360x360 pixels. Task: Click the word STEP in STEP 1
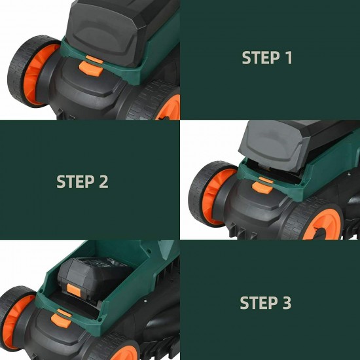pos(261,58)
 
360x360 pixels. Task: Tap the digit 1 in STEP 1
pos(289,58)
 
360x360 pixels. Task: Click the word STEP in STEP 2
pos(75,181)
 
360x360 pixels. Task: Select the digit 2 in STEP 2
pos(103,181)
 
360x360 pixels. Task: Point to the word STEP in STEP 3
pos(259,302)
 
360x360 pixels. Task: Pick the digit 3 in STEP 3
pos(287,302)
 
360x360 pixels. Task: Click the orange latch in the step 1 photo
pos(91,66)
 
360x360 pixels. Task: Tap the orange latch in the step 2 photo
pos(262,185)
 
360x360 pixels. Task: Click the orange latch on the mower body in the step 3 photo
pos(62,319)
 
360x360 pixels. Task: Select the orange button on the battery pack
pos(73,290)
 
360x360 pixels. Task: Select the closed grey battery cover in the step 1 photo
pos(108,30)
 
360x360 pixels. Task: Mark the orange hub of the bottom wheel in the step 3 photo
pos(124,353)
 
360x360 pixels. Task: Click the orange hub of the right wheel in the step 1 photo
pos(170,107)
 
